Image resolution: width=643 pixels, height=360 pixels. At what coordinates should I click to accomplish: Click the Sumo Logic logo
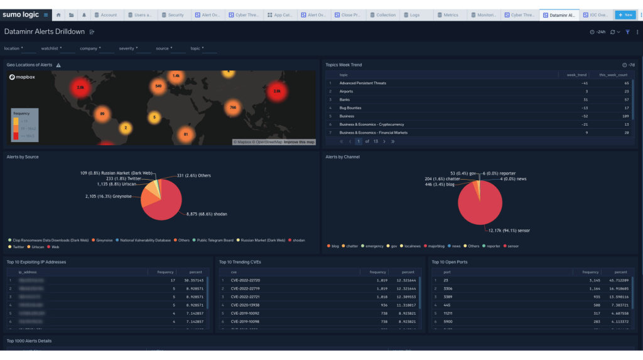[x=20, y=14]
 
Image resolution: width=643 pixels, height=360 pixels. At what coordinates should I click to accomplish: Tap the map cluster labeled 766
[x=232, y=107]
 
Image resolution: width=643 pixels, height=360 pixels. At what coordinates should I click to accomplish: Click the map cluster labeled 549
[x=158, y=85]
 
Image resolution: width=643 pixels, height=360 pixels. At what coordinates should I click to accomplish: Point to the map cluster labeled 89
[x=102, y=114]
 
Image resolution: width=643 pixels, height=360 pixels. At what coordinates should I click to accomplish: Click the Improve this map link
[x=299, y=142]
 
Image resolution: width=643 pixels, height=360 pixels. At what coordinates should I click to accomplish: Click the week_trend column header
[x=576, y=75]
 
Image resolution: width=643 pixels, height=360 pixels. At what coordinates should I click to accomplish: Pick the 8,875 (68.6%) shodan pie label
[x=207, y=214]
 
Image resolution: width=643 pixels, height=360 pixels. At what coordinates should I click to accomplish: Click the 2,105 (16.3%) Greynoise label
[x=108, y=197]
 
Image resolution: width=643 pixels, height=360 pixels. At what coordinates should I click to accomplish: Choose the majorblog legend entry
[x=434, y=246]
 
